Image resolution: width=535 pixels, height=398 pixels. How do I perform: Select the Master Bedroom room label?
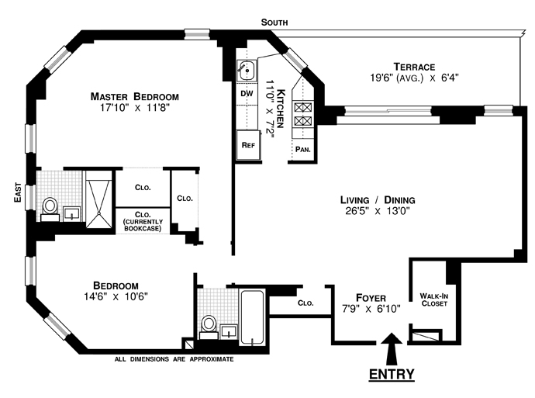pos(134,97)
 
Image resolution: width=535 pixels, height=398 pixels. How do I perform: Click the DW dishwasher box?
pos(247,94)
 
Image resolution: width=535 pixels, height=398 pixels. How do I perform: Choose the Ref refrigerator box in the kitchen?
pos(248,145)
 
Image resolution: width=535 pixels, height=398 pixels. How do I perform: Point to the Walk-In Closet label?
pos(434,299)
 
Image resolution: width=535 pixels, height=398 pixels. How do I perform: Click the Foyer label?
pos(371,297)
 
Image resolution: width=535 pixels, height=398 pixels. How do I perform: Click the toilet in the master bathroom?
pos(50,206)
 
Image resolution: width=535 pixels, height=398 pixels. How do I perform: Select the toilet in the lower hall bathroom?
pos(208,324)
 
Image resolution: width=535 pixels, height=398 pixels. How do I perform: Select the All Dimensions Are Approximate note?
pos(174,359)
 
